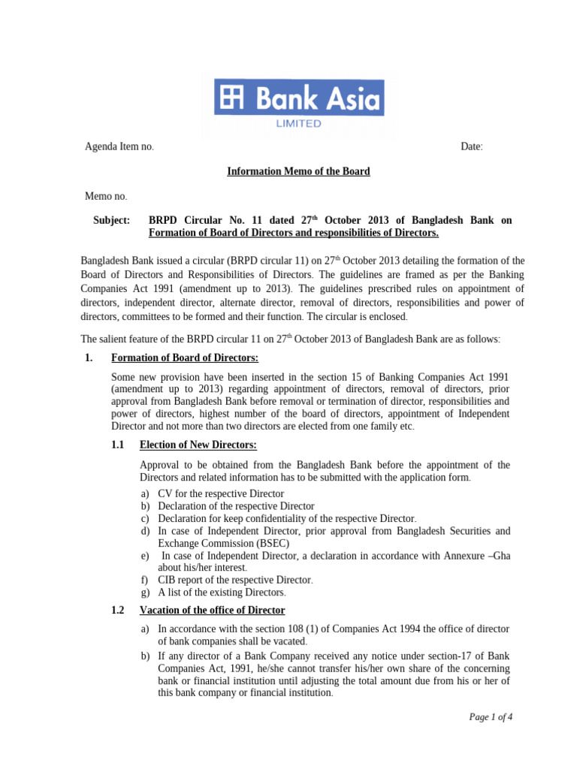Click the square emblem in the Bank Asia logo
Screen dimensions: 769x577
tap(231, 98)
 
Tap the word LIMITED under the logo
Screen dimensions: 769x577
tap(299, 124)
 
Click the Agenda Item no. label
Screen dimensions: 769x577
tap(119, 146)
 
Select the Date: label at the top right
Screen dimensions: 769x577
tap(472, 146)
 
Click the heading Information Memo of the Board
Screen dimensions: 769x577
tap(298, 171)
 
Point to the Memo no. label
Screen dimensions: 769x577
tap(106, 196)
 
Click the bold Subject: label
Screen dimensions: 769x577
tap(111, 221)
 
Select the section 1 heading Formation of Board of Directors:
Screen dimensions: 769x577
tap(184, 357)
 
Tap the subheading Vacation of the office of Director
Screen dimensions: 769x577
tap(213, 610)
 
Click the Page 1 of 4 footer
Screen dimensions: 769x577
tap(491, 716)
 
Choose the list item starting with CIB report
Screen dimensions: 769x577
tap(234, 580)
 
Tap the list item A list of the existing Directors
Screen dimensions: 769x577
tap(222, 592)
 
